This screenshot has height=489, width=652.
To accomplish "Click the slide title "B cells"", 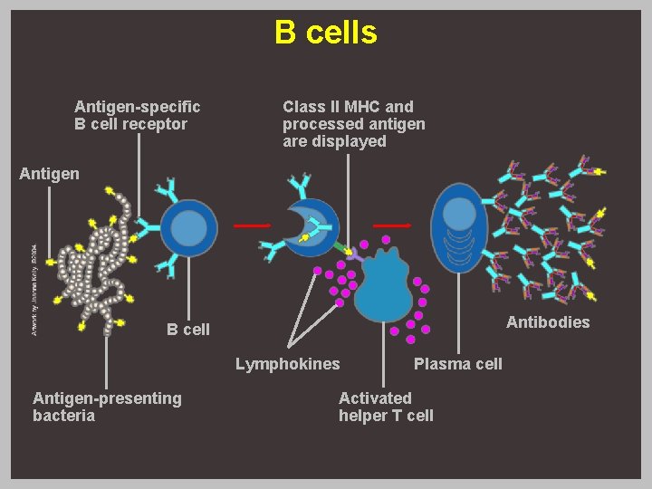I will [x=326, y=34].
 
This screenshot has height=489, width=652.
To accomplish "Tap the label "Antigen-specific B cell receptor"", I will [x=137, y=116].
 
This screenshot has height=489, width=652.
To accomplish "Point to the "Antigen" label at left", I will [x=49, y=174].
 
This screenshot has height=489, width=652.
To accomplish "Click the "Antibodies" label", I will [x=547, y=322].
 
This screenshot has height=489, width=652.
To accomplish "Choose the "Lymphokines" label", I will [x=288, y=364].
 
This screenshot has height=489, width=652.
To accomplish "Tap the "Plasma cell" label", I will [x=457, y=364].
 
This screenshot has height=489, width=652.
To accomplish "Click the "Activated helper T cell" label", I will [x=386, y=407].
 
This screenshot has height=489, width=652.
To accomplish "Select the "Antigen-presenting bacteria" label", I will [x=107, y=407].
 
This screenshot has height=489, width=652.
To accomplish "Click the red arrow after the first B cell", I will [x=253, y=225].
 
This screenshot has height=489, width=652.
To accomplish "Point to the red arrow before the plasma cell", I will [x=393, y=225].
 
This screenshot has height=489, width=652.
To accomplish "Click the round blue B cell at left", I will [x=189, y=228].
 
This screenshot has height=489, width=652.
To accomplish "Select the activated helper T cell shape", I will [x=384, y=285].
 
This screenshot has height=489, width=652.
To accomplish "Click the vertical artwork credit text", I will [x=34, y=290].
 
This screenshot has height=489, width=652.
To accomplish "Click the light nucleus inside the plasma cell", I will [x=460, y=214].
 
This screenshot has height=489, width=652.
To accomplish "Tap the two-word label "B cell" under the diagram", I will [x=187, y=330].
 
